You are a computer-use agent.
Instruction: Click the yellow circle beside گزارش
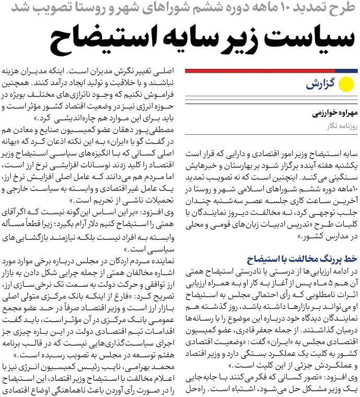pyautogui.click(x=346, y=84)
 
